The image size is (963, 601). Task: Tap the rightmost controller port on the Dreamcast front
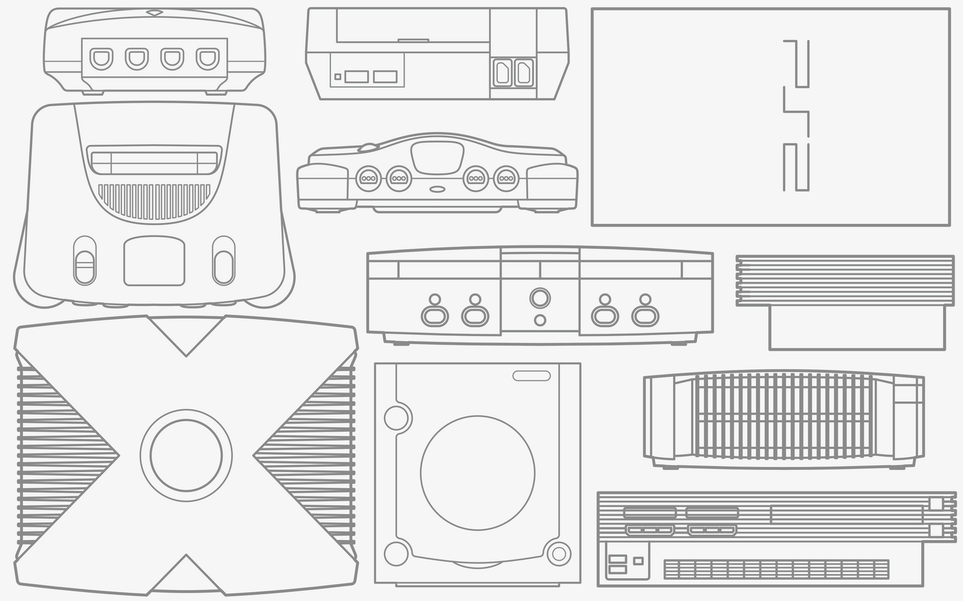click(x=207, y=60)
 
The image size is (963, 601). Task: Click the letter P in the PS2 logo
click(x=796, y=63)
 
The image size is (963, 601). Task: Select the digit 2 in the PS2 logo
click(x=796, y=167)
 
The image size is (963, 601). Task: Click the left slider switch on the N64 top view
click(x=85, y=260)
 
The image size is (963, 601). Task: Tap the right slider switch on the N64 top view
click(x=223, y=260)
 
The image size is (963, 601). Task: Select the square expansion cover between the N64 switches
click(x=154, y=261)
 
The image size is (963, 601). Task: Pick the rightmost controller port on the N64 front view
click(x=507, y=177)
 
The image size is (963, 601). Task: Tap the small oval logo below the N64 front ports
click(x=438, y=189)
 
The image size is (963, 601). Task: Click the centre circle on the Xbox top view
click(x=186, y=455)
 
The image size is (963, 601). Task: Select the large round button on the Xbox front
click(x=540, y=298)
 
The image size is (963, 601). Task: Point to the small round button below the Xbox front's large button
click(x=541, y=319)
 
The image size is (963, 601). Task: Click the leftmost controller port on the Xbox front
click(x=434, y=315)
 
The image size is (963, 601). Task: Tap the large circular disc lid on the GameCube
click(x=478, y=473)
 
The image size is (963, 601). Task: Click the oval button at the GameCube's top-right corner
click(x=532, y=376)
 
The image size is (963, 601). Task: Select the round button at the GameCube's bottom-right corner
click(x=559, y=553)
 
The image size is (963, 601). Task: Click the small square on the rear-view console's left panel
click(x=338, y=77)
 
